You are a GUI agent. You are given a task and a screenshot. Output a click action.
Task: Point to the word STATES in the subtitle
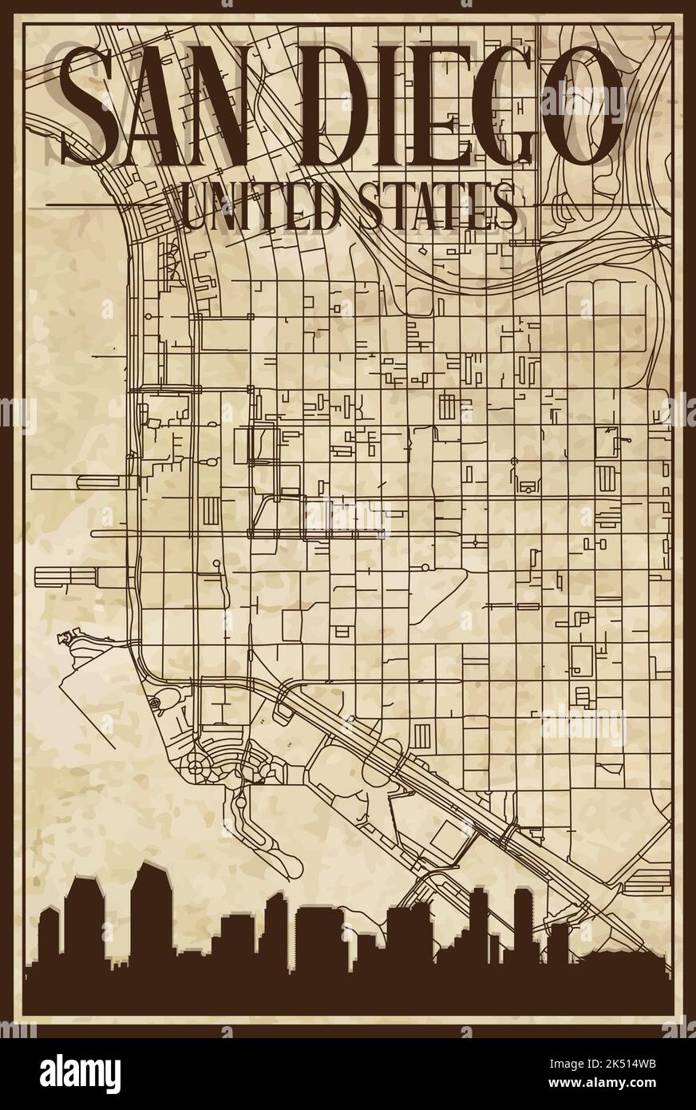click(436, 205)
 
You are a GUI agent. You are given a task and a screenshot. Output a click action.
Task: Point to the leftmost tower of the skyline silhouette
click(50, 942)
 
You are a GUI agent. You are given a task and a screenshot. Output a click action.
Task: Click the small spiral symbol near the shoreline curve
click(154, 703)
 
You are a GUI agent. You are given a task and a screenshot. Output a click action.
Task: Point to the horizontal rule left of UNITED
click(112, 205)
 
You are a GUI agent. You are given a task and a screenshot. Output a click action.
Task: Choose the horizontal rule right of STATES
click(591, 205)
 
